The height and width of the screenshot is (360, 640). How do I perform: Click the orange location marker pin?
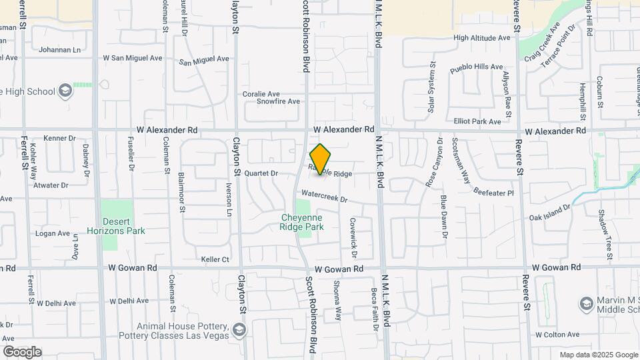pyautogui.click(x=320, y=159)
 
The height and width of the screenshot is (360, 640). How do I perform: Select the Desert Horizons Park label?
pyautogui.click(x=123, y=226)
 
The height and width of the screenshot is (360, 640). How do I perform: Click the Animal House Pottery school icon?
pyautogui.click(x=239, y=330)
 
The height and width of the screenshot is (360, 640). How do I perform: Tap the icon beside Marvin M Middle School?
pyautogui.click(x=587, y=303)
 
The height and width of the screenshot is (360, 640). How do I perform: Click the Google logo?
pyautogui.click(x=22, y=352)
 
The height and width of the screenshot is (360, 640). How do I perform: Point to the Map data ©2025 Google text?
pyautogui.click(x=599, y=355)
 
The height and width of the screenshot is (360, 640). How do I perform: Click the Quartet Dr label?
pyautogui.click(x=261, y=173)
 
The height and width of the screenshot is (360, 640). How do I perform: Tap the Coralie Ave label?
pyautogui.click(x=261, y=94)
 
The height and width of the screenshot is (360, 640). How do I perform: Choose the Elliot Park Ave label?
pyautogui.click(x=477, y=121)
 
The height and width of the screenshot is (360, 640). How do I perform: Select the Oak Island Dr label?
pyautogui.click(x=550, y=212)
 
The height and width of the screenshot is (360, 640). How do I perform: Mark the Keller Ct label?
pyautogui.click(x=215, y=259)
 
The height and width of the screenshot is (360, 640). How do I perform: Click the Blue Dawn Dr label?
pyautogui.click(x=443, y=217)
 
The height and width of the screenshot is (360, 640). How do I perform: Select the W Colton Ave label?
pyautogui.click(x=558, y=335)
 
